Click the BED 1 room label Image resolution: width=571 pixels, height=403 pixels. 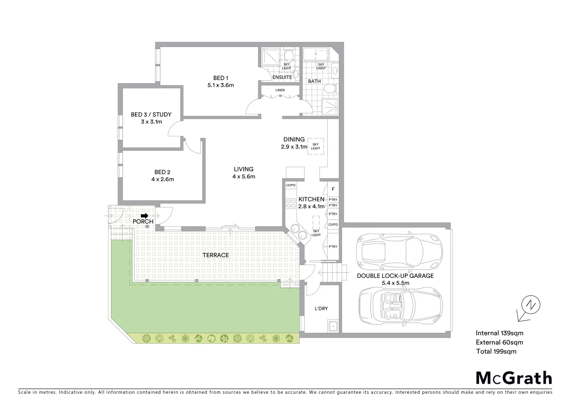pos(220,78)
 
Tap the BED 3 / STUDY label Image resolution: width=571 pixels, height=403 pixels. pos(151,115)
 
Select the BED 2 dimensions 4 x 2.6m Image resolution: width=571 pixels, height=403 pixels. pos(163,179)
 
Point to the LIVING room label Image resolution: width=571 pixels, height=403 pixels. pos(244,169)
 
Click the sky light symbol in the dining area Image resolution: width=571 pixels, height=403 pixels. pos(315,146)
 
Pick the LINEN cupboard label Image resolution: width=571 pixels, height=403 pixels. pos(280,90)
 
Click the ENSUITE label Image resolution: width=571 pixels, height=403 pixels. pos(282,77)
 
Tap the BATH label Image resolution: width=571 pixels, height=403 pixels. pos(314,81)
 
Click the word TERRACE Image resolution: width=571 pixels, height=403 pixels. pos(216,255)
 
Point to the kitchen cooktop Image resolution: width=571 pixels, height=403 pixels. pos(291,203)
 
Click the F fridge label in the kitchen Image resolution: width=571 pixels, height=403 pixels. pos(333,189)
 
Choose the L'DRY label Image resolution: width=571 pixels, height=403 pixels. pos(321,308)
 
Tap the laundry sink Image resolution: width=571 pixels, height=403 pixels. pos(333,326)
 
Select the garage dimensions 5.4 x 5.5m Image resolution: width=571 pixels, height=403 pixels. pos(395,283)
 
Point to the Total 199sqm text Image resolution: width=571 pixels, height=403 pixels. pos(496,352)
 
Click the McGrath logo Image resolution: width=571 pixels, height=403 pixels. pos(513,378)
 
